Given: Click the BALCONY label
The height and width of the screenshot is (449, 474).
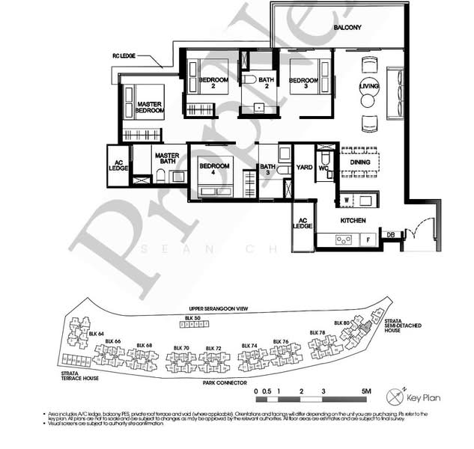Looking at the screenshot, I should click(347, 28).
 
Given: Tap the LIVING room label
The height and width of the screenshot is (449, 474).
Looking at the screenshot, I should click(369, 86).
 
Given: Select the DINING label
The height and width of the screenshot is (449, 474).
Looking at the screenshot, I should click(360, 161).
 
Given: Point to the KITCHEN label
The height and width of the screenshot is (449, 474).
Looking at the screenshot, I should click(353, 221).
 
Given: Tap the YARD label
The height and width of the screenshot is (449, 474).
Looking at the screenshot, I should click(303, 168).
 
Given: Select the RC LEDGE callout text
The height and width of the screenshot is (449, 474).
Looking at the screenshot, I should click(125, 55).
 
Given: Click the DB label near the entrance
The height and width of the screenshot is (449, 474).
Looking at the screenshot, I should click(389, 235).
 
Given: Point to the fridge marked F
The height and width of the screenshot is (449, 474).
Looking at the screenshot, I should click(368, 240).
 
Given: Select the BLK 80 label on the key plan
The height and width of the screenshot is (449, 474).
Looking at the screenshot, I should click(341, 323).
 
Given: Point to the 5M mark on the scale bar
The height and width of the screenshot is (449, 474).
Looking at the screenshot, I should click(366, 391).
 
